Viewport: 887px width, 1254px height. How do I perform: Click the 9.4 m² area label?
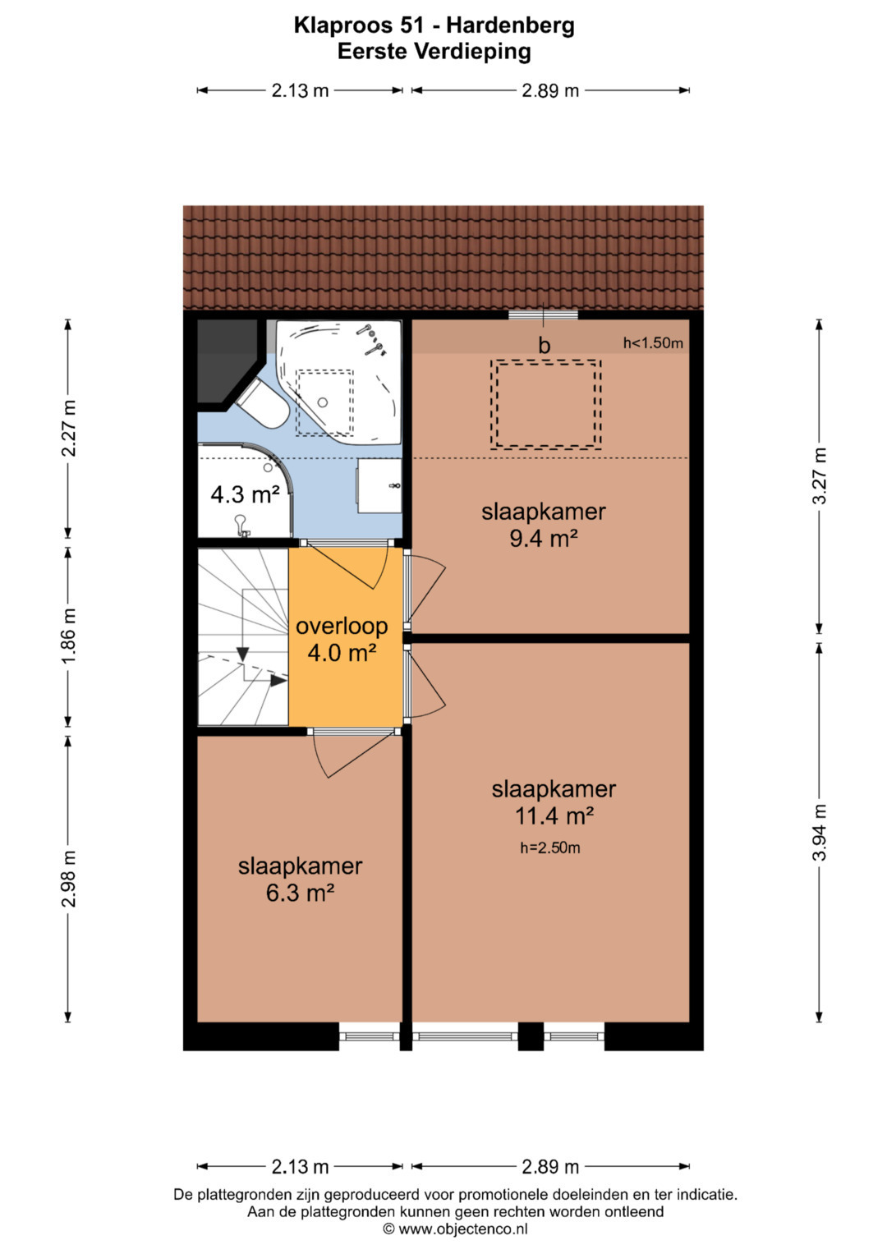coord(543,539)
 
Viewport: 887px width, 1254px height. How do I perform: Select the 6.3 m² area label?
coord(300,893)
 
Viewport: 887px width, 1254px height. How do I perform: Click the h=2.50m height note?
coord(550,847)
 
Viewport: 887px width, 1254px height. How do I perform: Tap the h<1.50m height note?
coord(653,342)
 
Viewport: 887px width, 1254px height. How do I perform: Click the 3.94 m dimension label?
coord(820,832)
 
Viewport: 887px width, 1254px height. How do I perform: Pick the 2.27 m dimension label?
coord(68,429)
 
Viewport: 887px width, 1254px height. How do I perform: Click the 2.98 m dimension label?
coord(68,879)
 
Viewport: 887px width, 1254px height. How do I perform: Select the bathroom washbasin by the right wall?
coord(379,486)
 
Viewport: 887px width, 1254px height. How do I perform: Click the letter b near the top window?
coord(544,346)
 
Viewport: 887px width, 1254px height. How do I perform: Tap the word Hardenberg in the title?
coord(510,26)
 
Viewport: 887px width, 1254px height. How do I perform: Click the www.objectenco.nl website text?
coord(462,1229)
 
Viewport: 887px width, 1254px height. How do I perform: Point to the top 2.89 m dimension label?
coord(550,90)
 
